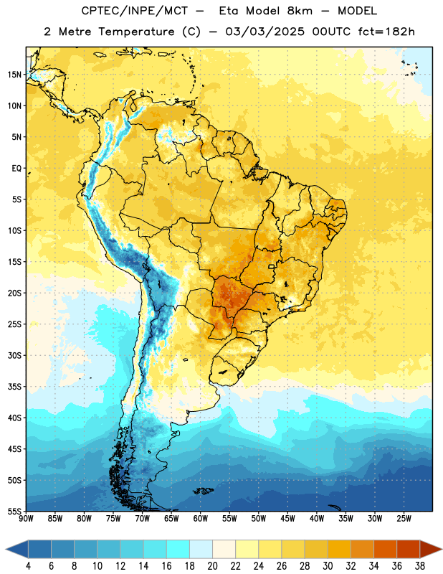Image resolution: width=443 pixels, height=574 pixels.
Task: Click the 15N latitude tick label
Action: click(x=14, y=75)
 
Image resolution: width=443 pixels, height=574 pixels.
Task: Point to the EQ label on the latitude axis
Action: click(x=16, y=169)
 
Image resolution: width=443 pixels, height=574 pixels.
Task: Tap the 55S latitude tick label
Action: click(x=14, y=511)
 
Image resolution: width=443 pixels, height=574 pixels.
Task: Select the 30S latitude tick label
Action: click(x=14, y=355)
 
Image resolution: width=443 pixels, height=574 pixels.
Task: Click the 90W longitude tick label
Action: click(x=26, y=519)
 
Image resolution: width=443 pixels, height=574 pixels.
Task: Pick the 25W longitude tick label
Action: click(x=404, y=519)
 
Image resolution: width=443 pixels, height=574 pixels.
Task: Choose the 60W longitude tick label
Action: click(x=201, y=519)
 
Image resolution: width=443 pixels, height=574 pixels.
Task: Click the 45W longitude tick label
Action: click(x=288, y=519)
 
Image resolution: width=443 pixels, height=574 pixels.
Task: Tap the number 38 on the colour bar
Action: click(x=420, y=566)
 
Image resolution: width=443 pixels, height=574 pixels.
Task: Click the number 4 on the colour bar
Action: click(x=28, y=566)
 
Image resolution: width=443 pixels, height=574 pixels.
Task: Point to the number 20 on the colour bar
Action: click(x=212, y=566)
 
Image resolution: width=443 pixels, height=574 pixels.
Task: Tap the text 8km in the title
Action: click(x=300, y=11)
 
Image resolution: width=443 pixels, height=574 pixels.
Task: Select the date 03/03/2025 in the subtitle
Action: click(x=265, y=32)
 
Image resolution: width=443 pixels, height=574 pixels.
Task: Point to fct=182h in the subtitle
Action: click(x=386, y=32)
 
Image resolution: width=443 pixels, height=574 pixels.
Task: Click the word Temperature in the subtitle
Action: click(x=136, y=32)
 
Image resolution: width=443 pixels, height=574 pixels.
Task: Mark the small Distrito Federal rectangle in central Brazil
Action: click(x=272, y=266)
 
